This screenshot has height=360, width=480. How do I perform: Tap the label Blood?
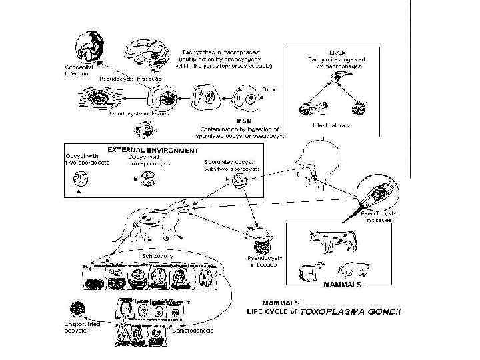(269, 88)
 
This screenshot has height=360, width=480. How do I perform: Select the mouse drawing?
(257, 233)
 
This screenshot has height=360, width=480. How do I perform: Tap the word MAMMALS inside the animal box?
(342, 283)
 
